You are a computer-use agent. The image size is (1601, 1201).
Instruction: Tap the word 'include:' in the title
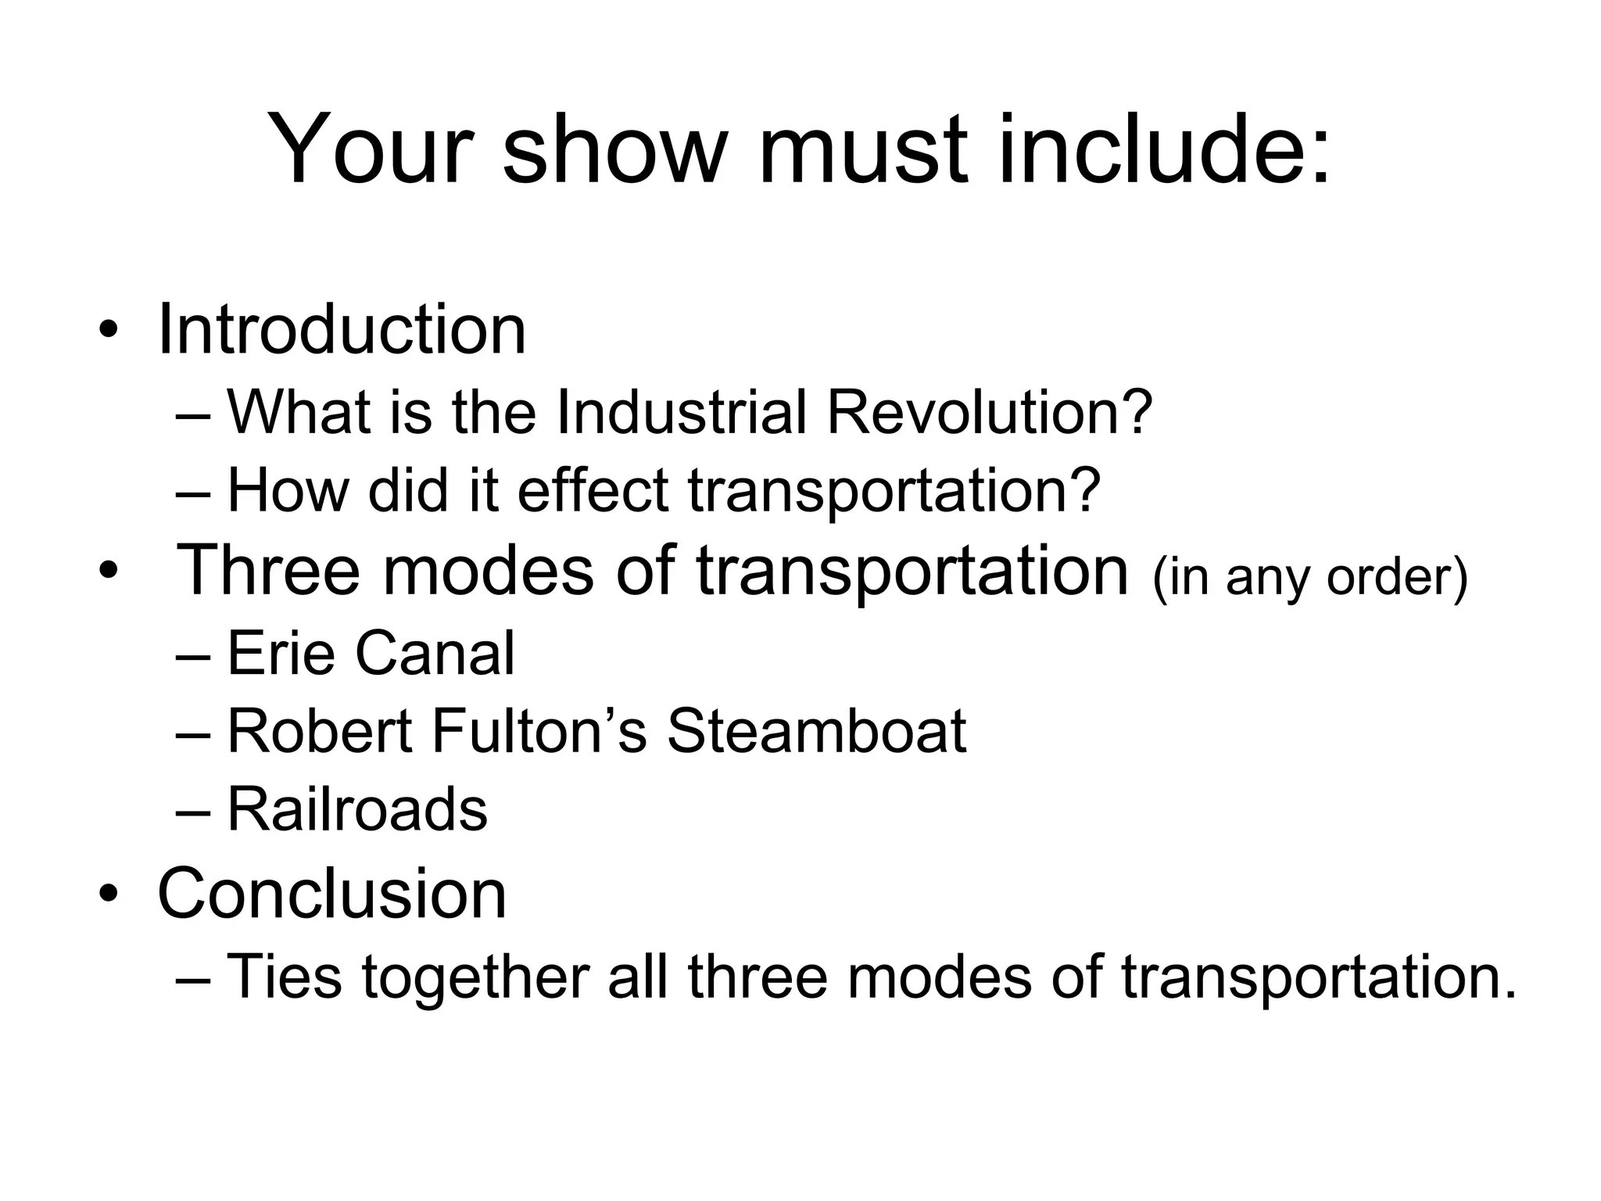click(1164, 149)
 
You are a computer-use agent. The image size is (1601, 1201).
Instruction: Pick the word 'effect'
click(593, 490)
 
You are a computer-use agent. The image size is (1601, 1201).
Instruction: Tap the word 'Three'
click(269, 571)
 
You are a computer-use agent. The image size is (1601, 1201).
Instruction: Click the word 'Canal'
click(435, 654)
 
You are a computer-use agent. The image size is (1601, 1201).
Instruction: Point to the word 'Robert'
click(319, 732)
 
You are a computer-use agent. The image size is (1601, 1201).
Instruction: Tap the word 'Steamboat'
click(816, 732)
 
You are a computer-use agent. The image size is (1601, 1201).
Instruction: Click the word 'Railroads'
click(357, 809)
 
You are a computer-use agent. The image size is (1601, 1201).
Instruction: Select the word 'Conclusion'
click(332, 893)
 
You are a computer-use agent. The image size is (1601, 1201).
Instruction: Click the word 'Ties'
click(285, 977)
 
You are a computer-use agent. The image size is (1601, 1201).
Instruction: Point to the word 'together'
click(476, 977)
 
